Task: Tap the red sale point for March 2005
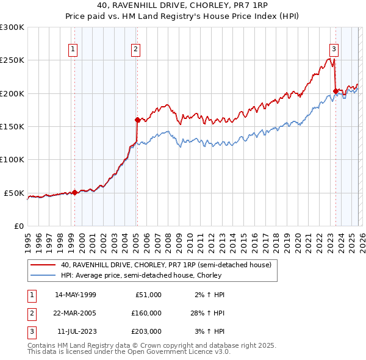click(137, 120)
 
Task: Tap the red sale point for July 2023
click(335, 92)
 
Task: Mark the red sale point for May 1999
click(74, 192)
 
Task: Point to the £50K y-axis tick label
click(14, 193)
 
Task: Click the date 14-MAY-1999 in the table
click(76, 295)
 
